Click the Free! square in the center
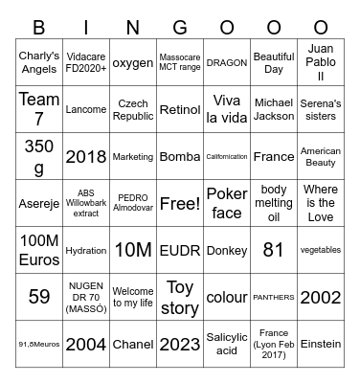point(180,203)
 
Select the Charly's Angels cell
point(39,63)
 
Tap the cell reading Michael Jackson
point(274,109)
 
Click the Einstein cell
point(320,343)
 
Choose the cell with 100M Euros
point(39,250)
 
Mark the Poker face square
point(227,203)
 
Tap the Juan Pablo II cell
point(320,63)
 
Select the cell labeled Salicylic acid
point(227,343)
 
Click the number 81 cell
point(274,250)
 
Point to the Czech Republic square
point(133,109)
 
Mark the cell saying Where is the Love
point(320,203)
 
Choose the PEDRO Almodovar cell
point(133,203)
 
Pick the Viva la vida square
point(227,109)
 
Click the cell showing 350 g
point(39,156)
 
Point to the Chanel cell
point(133,343)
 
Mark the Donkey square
point(227,250)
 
